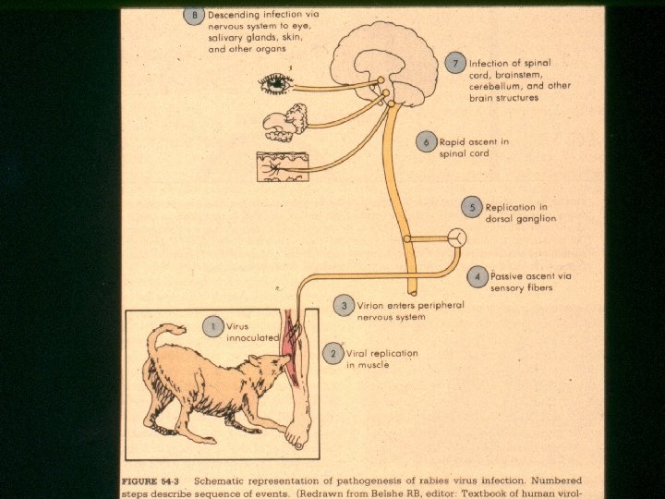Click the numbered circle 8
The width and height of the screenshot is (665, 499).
click(194, 15)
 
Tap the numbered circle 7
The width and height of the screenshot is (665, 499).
click(454, 63)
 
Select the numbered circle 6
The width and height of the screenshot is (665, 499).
click(426, 141)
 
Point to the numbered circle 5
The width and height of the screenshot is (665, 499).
click(472, 208)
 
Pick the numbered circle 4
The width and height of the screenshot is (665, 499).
click(478, 275)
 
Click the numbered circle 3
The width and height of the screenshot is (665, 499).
click(344, 306)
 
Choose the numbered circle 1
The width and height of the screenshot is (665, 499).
click(213, 326)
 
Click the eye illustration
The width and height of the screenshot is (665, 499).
click(275, 84)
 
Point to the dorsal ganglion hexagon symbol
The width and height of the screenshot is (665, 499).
click(457, 237)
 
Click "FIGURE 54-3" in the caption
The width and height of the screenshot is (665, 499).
click(154, 481)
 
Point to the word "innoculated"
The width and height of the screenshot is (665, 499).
click(253, 338)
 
